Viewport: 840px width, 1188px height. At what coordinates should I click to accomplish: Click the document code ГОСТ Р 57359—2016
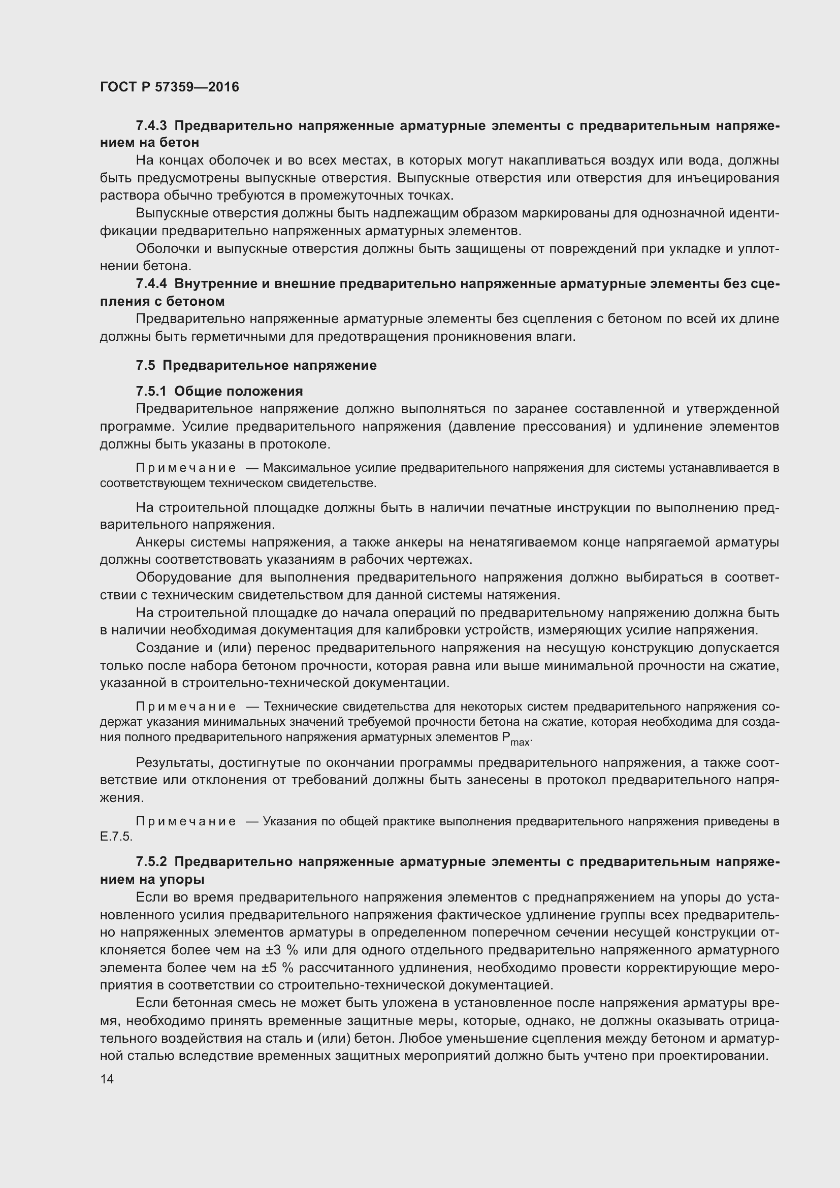click(x=170, y=87)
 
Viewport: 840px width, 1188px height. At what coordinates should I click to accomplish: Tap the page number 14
click(x=107, y=1079)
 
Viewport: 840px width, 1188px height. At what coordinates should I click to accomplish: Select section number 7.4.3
click(x=152, y=126)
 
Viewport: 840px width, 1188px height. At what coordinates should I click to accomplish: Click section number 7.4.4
click(x=152, y=283)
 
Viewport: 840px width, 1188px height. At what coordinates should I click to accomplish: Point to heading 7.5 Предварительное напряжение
click(x=256, y=365)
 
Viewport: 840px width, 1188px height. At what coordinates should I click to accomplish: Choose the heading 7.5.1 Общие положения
click(x=219, y=391)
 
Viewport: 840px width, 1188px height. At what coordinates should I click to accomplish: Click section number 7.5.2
click(x=152, y=861)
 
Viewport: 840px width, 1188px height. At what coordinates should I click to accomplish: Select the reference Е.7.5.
click(x=116, y=837)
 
